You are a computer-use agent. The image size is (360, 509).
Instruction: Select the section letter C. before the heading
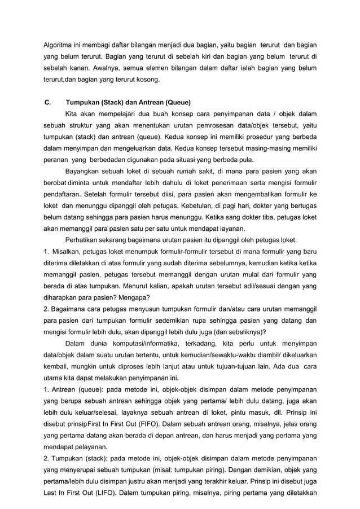point(49,103)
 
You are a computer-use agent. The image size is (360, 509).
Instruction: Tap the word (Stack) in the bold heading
point(113,103)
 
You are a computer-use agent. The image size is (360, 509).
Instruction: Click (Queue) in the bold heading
point(177,103)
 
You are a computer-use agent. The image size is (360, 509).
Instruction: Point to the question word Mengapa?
point(135,298)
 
